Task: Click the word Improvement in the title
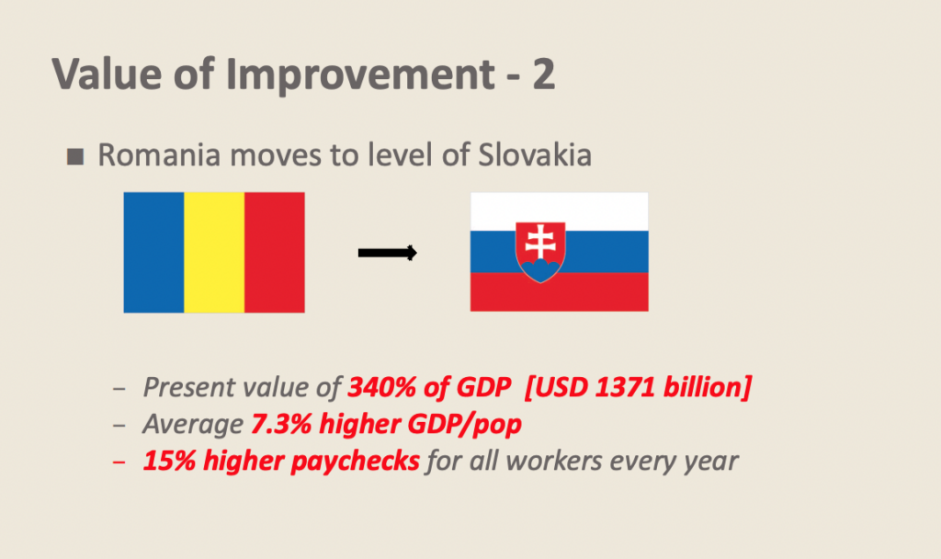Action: coord(360,74)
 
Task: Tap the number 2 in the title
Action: coord(543,74)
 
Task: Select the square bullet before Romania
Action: coord(75,156)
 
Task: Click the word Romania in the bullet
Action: coord(159,154)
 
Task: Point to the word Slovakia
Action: coord(535,154)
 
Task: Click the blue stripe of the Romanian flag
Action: coord(153,252)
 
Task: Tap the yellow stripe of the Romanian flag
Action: coord(214,252)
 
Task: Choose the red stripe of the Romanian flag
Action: coord(275,252)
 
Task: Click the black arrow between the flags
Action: coord(387,253)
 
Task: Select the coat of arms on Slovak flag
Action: coord(540,252)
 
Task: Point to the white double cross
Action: coord(540,242)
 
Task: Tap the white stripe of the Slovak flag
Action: coord(560,211)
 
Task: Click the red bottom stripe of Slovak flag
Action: coord(560,291)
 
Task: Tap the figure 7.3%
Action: coord(281,424)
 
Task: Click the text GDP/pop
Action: coord(464,425)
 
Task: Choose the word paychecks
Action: coord(357,462)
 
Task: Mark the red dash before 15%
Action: coord(119,462)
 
